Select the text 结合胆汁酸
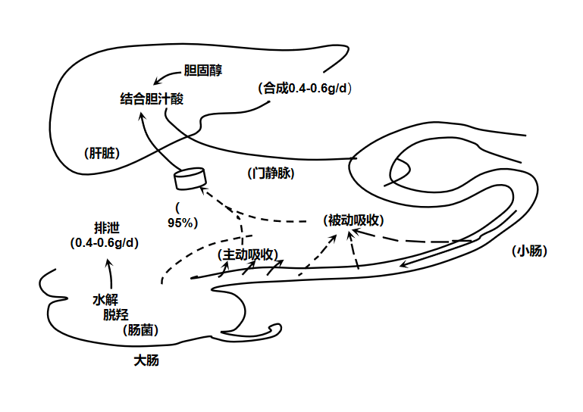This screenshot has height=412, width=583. click(152, 98)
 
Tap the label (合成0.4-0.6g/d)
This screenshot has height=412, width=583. click(305, 88)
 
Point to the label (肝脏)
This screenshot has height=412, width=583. click(102, 153)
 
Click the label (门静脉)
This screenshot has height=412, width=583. click(271, 173)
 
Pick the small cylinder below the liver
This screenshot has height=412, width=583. click(190, 179)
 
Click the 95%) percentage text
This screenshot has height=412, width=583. click(183, 223)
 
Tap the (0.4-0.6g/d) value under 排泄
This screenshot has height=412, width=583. click(105, 242)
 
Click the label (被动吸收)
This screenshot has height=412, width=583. click(353, 220)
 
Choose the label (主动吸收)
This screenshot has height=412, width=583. click(246, 254)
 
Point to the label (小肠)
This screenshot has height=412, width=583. click(529, 251)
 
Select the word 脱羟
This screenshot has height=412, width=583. click(116, 315)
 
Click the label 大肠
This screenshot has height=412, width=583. click(146, 360)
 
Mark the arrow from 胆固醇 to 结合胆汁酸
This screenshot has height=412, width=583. click(167, 76)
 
